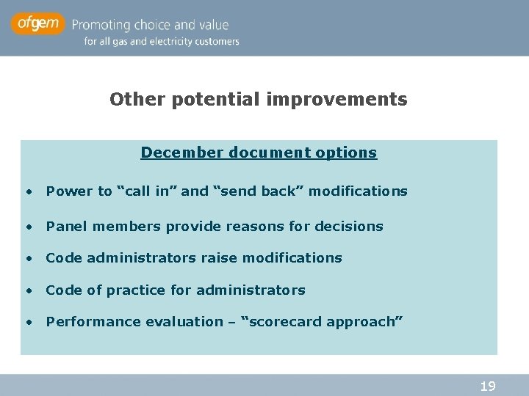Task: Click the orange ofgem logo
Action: point(37,24)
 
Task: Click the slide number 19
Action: point(487,386)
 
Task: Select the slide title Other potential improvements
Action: point(258,99)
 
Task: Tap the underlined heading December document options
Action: point(259,153)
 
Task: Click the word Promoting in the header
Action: point(104,25)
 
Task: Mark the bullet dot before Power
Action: point(28,192)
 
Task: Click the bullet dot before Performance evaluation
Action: point(28,322)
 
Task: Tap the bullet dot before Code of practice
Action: point(28,290)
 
